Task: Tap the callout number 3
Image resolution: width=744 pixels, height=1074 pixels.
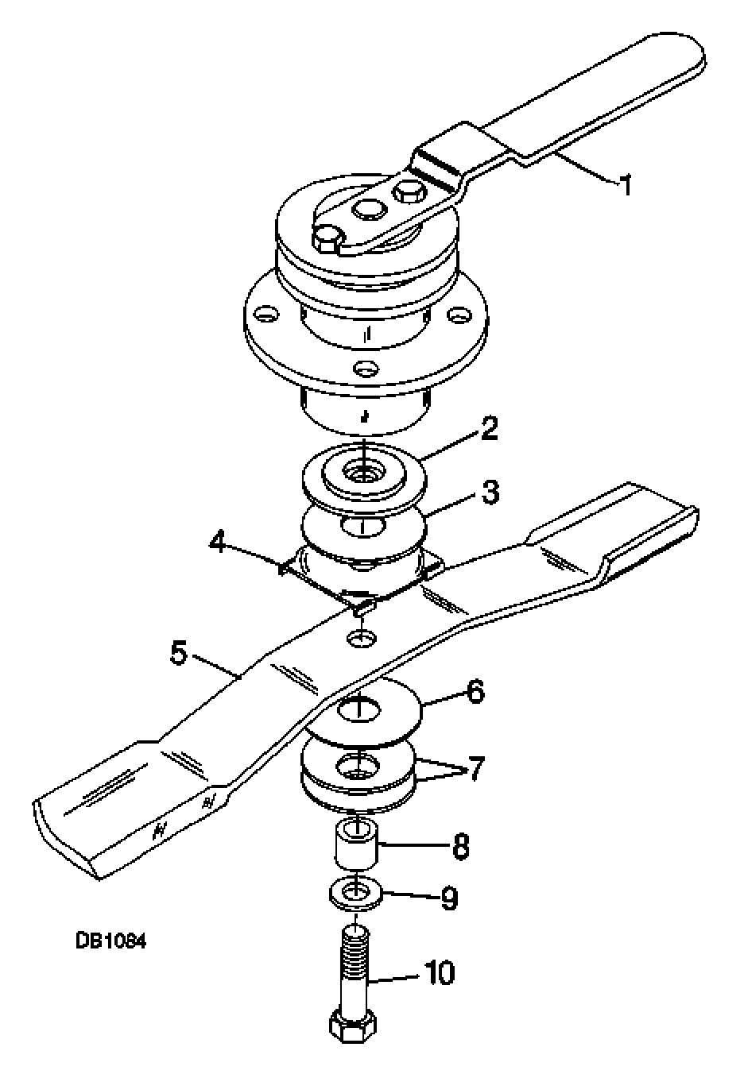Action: pos(490,493)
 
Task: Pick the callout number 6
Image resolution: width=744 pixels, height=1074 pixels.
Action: pos(475,693)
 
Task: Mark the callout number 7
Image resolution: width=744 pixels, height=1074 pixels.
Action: pos(475,769)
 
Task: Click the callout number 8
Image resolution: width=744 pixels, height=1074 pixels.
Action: pos(460,846)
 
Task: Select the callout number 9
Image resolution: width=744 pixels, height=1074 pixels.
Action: pos(449,898)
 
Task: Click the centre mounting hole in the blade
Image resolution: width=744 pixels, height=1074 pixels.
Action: pos(361,638)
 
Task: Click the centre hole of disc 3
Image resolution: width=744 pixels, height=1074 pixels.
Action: pos(362,526)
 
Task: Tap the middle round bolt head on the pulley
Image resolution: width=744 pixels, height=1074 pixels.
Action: pos(369,210)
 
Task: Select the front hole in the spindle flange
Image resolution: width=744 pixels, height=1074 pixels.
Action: pos(367,369)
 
